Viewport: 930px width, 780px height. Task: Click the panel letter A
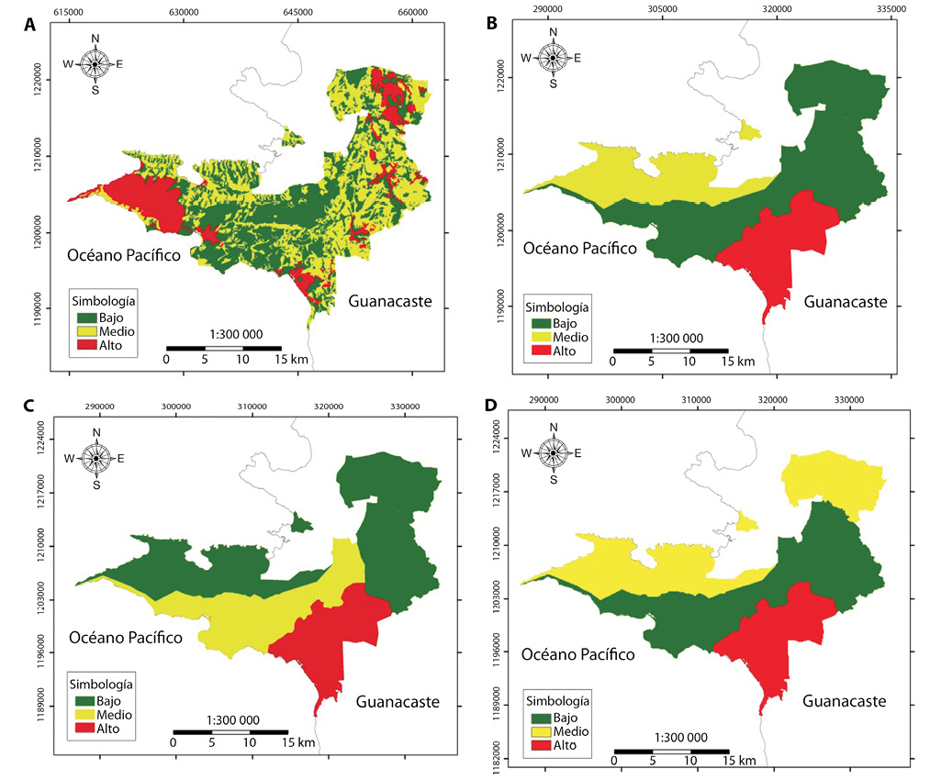(31, 27)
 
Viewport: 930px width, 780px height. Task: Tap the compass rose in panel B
(553, 57)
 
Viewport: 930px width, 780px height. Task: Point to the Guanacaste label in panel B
(845, 302)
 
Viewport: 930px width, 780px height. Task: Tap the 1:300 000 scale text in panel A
(223, 335)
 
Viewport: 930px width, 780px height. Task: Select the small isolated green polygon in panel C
(300, 524)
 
